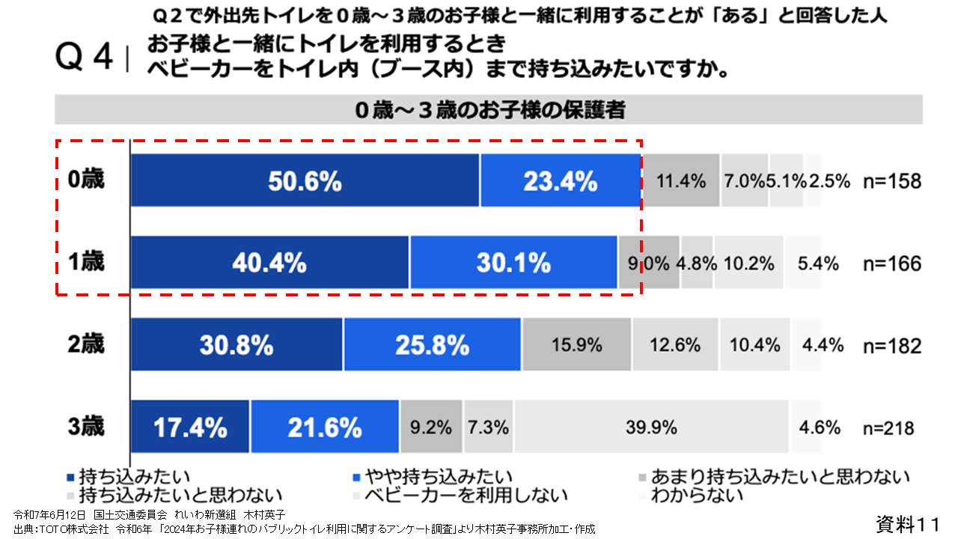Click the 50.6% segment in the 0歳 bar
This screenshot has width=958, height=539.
tap(305, 180)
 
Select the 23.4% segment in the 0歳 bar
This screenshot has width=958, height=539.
tap(561, 180)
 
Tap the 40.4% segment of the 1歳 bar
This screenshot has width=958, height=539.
tap(269, 263)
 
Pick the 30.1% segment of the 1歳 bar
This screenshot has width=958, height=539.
tap(513, 263)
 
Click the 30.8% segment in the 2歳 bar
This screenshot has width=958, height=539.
tap(237, 345)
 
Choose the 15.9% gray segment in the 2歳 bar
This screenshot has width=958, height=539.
tap(576, 345)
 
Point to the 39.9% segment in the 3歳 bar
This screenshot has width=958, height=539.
tap(651, 427)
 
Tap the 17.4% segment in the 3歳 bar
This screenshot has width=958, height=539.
tap(190, 427)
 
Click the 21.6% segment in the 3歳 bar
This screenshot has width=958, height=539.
tap(325, 427)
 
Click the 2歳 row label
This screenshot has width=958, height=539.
tap(86, 345)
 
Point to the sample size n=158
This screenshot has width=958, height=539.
tap(890, 181)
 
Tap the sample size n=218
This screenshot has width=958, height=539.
tap(890, 428)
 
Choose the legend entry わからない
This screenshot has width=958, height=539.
tap(696, 495)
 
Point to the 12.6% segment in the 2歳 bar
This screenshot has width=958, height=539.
tap(675, 345)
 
